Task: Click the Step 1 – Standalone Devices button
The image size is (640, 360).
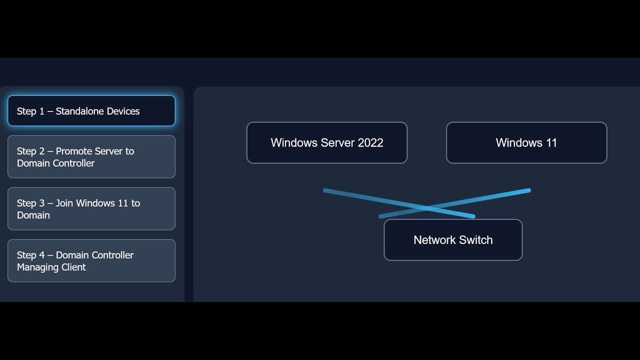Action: (91, 111)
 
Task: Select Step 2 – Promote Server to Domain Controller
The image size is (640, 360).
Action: (91, 157)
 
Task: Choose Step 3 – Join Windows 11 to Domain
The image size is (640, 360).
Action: (91, 209)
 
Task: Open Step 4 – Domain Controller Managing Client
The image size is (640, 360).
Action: (91, 261)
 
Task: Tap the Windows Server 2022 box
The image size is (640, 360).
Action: (327, 142)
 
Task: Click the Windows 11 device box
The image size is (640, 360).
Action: (526, 142)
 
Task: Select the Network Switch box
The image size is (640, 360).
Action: (453, 240)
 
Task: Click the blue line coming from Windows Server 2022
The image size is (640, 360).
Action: (360, 196)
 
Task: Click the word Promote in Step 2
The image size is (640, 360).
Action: (75, 151)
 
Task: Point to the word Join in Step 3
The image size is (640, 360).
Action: (64, 203)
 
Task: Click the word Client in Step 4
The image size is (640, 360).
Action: (73, 267)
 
